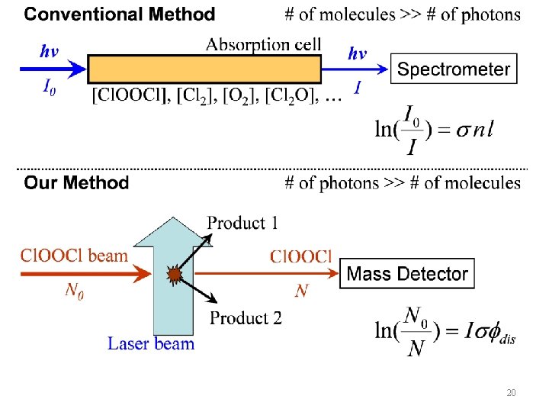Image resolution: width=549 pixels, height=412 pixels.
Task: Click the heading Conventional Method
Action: point(120,14)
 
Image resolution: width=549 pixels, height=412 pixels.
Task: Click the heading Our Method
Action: point(76,183)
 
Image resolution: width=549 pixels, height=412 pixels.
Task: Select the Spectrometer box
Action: point(454,69)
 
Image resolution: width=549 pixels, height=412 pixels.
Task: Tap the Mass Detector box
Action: point(407,274)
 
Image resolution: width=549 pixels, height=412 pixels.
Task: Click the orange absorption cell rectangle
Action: point(204,69)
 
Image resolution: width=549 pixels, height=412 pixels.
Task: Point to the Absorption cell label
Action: point(263,43)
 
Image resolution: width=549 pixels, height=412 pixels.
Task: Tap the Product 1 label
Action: point(242,223)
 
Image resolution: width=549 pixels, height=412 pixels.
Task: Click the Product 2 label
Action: point(246,318)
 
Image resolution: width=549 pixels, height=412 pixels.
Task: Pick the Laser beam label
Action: point(151,344)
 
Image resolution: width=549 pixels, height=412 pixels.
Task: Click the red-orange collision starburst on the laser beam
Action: point(175,274)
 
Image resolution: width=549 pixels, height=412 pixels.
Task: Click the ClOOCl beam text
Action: point(74,256)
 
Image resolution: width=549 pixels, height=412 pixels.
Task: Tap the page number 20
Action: point(512,394)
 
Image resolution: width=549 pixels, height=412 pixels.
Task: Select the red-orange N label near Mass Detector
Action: point(302,291)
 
